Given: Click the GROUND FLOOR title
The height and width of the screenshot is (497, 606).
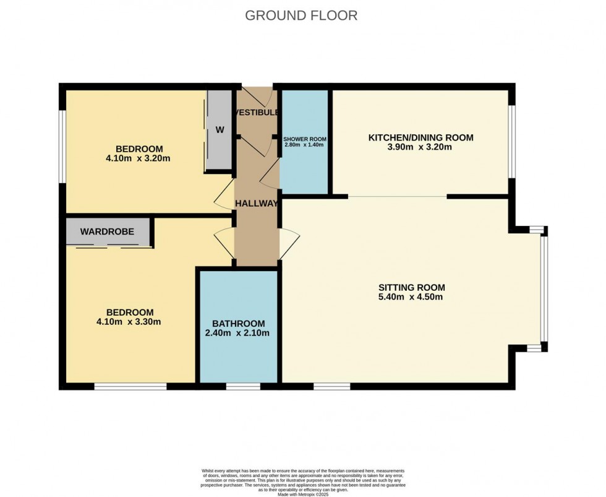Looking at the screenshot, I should click(301, 15).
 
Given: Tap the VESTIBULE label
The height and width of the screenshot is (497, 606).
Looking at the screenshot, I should click(257, 113).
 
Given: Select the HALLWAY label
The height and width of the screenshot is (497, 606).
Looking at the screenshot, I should click(256, 203).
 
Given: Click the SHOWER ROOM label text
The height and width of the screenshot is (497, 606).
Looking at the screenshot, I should click(304, 139).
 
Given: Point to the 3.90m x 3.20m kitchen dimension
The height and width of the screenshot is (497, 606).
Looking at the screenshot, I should click(420, 147).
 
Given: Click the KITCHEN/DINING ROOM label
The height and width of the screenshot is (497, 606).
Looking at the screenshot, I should click(420, 137).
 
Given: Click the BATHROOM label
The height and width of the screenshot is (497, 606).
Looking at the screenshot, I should click(238, 324).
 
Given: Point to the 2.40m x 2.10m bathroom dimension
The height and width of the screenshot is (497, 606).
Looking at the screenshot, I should click(238, 333).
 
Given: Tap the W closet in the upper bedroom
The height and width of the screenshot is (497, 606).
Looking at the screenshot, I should click(220, 131).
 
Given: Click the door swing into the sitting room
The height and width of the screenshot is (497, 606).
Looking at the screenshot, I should click(289, 239).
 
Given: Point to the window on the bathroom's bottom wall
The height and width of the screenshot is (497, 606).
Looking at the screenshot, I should click(242, 387).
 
